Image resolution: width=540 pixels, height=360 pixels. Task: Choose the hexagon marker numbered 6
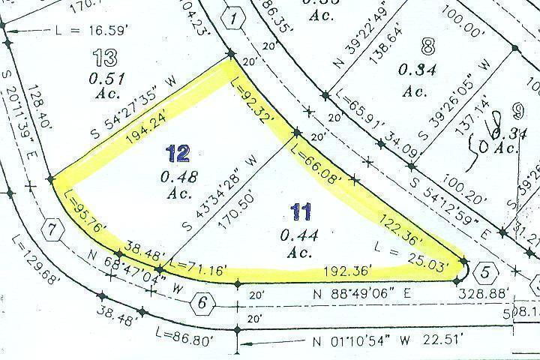pyautogui.click(x=201, y=304)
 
